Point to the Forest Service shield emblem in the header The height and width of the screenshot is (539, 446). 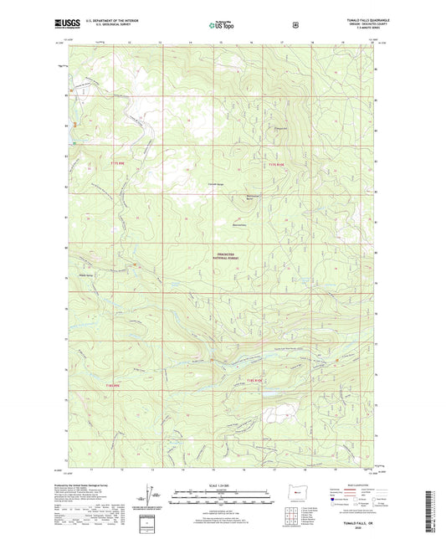(x=295, y=26)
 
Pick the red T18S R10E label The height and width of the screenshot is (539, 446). (x=257, y=381)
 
